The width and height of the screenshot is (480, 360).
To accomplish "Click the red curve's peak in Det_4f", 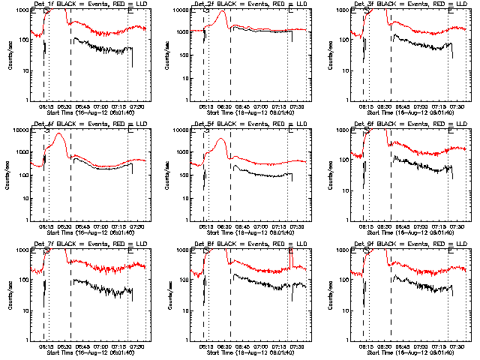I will pos(57,133).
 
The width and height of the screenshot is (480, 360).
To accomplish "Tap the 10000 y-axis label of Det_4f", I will pos(18,130).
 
